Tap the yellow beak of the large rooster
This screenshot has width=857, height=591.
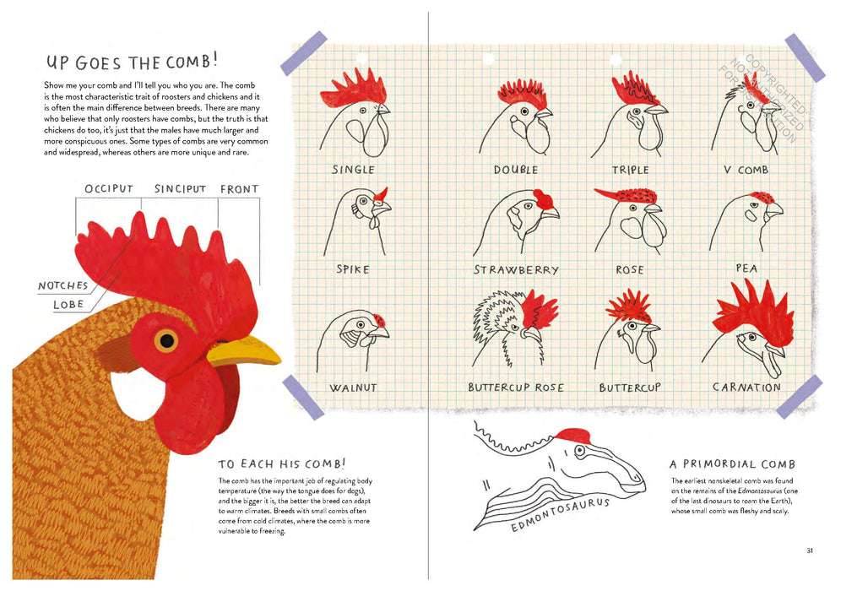pyautogui.click(x=245, y=350)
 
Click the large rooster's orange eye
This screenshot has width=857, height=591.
pyautogui.click(x=166, y=340)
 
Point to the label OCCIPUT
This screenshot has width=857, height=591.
pyautogui.click(x=109, y=189)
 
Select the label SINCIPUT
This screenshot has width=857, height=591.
pyautogui.click(x=180, y=189)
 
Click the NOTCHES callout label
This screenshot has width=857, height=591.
pyautogui.click(x=63, y=286)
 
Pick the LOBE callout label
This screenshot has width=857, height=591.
pyautogui.click(x=68, y=305)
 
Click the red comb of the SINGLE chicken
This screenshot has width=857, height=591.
pyautogui.click(x=353, y=89)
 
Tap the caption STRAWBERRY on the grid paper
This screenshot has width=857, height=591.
pyautogui.click(x=516, y=270)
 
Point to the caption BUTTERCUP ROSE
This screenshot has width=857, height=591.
pyautogui.click(x=516, y=388)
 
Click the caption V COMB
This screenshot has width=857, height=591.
pyautogui.click(x=746, y=170)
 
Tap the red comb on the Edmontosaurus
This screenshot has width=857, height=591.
pyautogui.click(x=572, y=436)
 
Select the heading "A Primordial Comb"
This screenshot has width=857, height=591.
pyautogui.click(x=732, y=464)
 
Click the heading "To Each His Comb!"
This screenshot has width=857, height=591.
pyautogui.click(x=281, y=464)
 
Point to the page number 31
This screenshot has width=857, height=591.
pyautogui.click(x=809, y=551)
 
